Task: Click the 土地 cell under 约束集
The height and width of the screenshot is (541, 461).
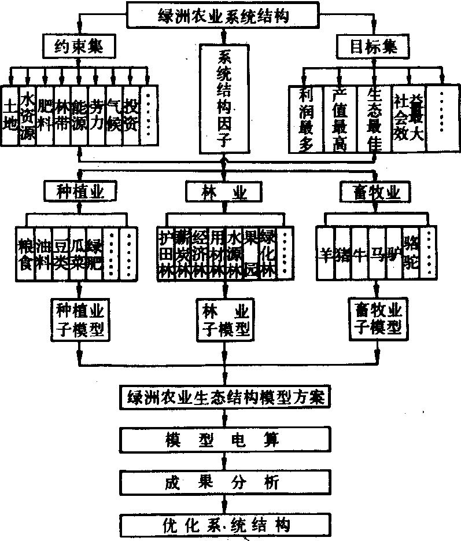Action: coord(10,115)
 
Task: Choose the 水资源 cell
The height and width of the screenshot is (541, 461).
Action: coord(27,115)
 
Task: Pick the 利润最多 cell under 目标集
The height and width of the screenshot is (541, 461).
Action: coord(307,119)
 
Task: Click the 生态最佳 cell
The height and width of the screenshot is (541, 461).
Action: coord(374,119)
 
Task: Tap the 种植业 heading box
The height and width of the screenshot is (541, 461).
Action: coord(80,190)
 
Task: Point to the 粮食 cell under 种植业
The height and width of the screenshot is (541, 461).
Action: coord(26,253)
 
